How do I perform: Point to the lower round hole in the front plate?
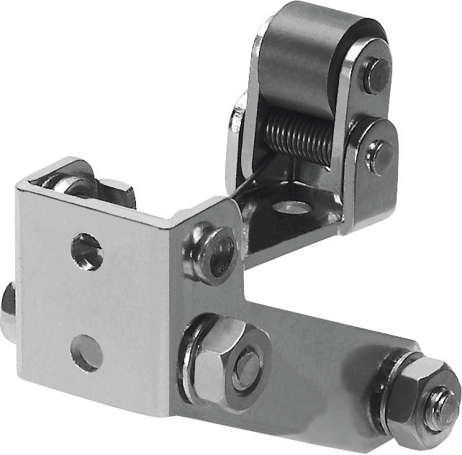tap(87, 353)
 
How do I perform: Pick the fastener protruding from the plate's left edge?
tap(7, 309)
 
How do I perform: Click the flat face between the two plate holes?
tap(86, 302)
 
